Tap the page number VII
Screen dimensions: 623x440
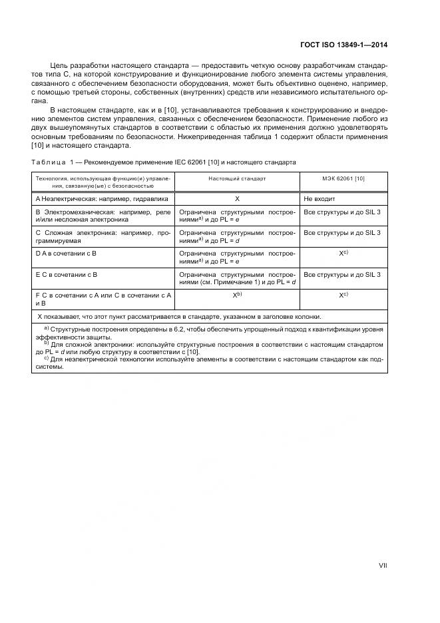[x=383, y=565]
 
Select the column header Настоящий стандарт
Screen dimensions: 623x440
[x=236, y=178]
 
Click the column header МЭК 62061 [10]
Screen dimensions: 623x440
[x=343, y=178]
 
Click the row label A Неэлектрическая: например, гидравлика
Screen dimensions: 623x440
[x=102, y=198]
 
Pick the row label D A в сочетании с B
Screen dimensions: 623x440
[x=66, y=254]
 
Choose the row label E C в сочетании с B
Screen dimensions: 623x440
[x=66, y=274]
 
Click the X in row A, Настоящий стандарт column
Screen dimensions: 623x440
[x=237, y=198]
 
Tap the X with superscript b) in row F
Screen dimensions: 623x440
[x=237, y=294]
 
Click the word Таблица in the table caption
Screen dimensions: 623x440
[x=47, y=162]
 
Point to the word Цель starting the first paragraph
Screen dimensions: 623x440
[x=59, y=65]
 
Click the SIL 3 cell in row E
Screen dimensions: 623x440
[x=341, y=274]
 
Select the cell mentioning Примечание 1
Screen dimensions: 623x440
[x=237, y=278]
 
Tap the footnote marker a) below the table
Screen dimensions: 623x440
[x=47, y=328]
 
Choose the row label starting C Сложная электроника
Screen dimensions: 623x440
[x=104, y=237]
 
